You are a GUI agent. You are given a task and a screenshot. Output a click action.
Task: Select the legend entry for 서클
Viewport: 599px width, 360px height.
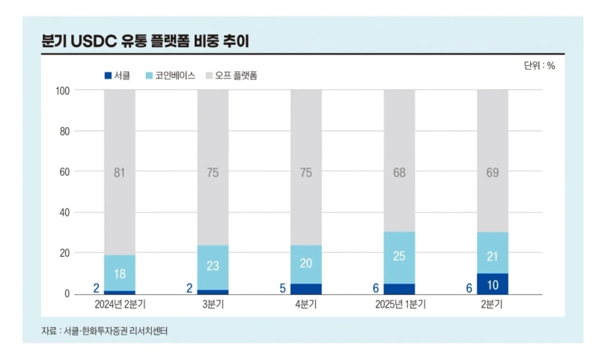coord(117,76)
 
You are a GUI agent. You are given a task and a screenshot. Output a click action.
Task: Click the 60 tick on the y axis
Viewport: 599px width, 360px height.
coord(64,172)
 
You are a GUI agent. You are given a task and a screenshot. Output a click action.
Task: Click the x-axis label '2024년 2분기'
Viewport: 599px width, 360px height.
coord(120,305)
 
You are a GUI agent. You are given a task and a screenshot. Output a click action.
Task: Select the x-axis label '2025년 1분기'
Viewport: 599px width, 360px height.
coord(399,305)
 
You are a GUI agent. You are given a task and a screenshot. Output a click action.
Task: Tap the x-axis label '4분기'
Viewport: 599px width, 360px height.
coord(306,305)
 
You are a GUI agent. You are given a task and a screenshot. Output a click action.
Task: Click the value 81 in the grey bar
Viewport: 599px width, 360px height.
coord(120,173)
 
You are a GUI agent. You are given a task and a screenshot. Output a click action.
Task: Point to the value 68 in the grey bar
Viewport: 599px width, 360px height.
coord(399,173)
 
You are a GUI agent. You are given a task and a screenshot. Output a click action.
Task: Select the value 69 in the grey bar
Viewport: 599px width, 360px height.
coord(493,173)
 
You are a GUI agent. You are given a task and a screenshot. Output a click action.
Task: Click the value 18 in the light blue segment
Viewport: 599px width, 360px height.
coord(120,274)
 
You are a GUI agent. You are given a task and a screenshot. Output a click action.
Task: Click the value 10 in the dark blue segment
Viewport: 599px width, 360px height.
coord(493,284)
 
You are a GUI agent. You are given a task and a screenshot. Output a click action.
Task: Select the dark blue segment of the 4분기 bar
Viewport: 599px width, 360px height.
coord(306,289)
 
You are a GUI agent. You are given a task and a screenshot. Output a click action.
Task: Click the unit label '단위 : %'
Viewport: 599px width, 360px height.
coord(539,66)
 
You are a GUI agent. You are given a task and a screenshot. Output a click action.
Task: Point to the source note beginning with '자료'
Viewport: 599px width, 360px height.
coord(104,330)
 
